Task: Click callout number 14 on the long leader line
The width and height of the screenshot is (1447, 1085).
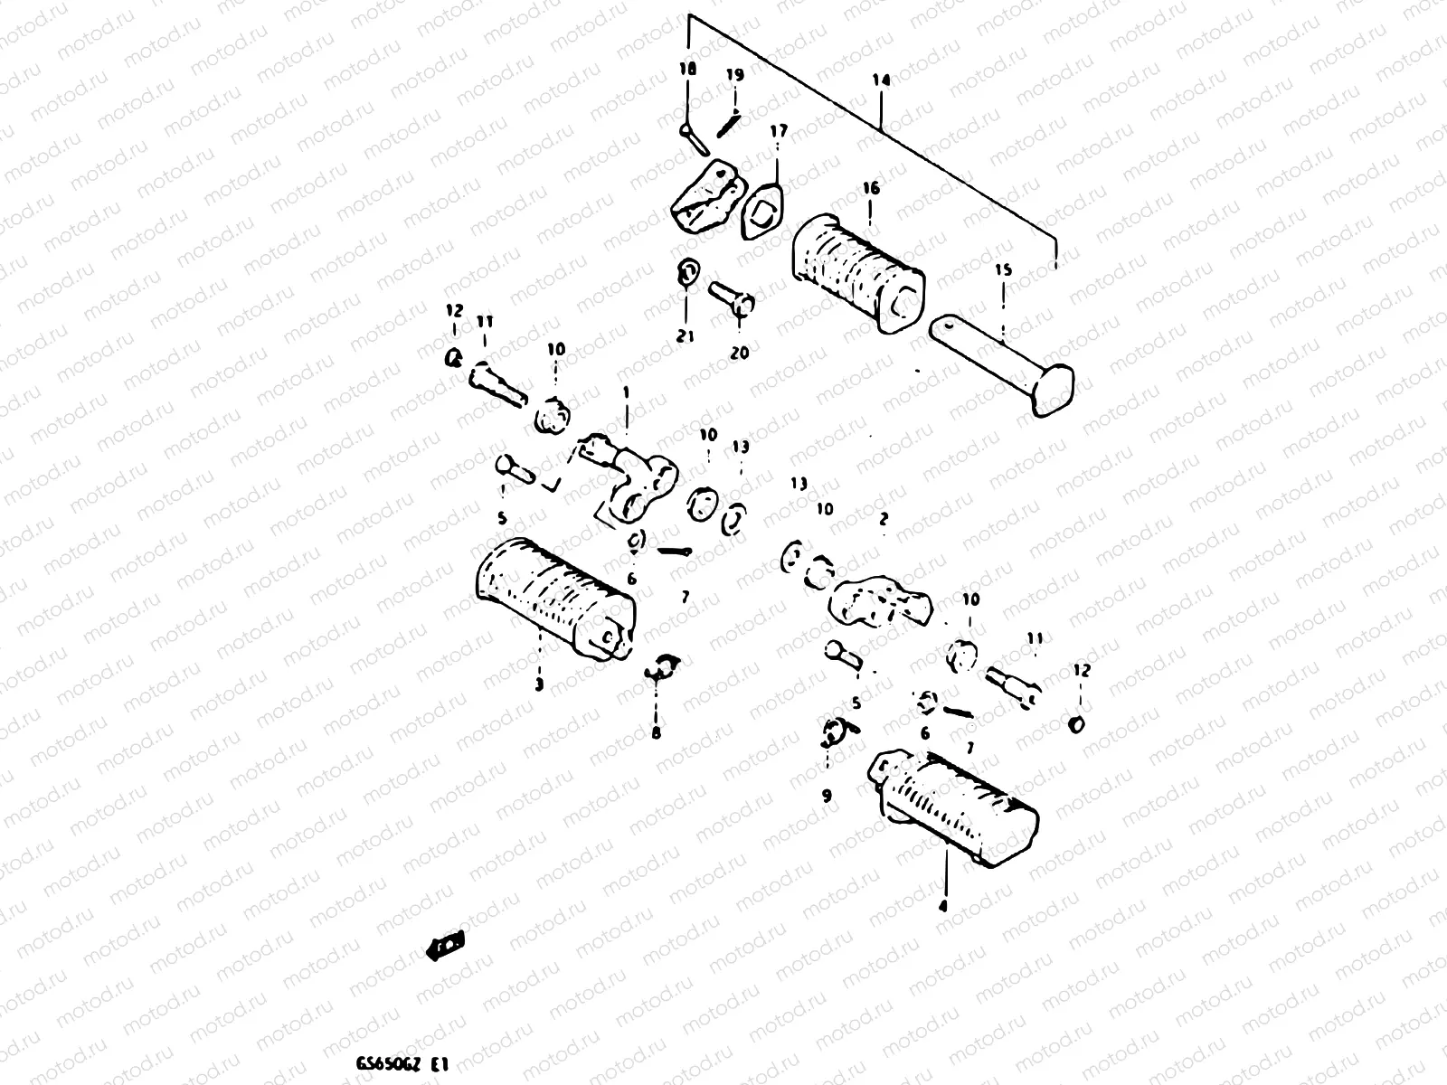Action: coord(881,80)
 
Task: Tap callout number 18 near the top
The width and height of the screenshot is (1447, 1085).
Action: coord(687,70)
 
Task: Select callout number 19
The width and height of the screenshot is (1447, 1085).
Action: coord(734,75)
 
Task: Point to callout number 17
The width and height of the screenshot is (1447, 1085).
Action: coord(779,132)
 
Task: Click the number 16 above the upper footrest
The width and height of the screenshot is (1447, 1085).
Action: coord(870,189)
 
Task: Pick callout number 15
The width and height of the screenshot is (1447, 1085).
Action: coord(1002,270)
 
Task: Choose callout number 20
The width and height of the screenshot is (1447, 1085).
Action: coord(739,353)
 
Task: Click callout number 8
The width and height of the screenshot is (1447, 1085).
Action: coord(656,732)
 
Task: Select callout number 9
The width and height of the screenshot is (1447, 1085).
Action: coord(827,796)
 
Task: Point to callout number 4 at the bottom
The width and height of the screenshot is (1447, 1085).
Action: coord(943,905)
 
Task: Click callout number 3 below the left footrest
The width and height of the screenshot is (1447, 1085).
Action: coord(539,684)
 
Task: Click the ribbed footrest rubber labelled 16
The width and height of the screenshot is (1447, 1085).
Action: coord(857,268)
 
